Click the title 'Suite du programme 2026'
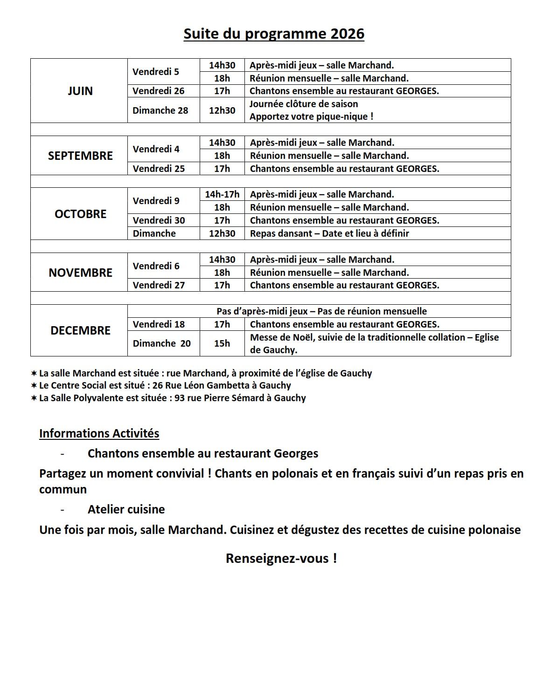pos(274,34)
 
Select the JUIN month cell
pos(80,91)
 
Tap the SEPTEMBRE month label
pos(80,156)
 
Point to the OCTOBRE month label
pos(80,214)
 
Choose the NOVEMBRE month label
pos(80,273)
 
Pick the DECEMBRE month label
pos(80,330)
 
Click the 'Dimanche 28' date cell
pos(160,110)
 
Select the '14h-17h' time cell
pos(222,194)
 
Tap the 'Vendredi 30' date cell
pos(159,220)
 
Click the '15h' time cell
pos(222,343)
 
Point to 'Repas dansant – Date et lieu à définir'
pos(329,233)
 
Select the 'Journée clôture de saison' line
pos(304,104)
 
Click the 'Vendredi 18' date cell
pos(159,324)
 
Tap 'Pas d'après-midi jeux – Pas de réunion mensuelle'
pos(321,311)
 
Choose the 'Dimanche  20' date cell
pos(161,343)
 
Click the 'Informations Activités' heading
pos(99,433)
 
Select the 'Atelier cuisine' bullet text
pos(126,509)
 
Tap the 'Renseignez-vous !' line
pos(281,558)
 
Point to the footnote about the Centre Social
pos(165,385)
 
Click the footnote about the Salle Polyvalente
pos(172,398)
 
